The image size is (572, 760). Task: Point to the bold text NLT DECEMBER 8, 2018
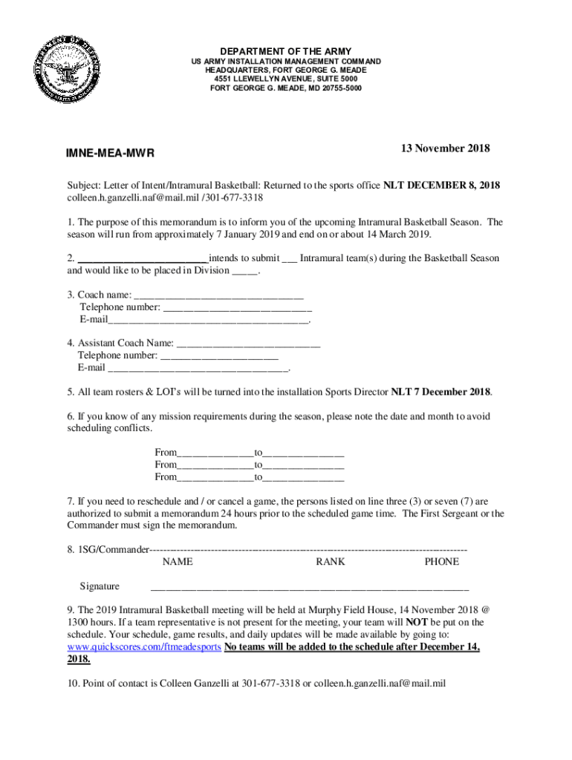441,186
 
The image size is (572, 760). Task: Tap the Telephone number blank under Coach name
237,307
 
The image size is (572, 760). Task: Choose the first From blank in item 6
216,452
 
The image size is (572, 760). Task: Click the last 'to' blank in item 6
305,476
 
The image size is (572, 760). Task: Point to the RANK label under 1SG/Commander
330,562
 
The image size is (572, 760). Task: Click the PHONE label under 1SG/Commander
441,562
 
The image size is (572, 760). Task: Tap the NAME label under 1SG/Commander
178,562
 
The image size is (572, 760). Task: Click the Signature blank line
309,588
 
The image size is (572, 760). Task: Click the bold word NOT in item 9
417,622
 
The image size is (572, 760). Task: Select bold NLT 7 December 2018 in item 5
441,392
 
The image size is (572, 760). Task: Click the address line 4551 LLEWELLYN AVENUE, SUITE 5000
285,79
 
